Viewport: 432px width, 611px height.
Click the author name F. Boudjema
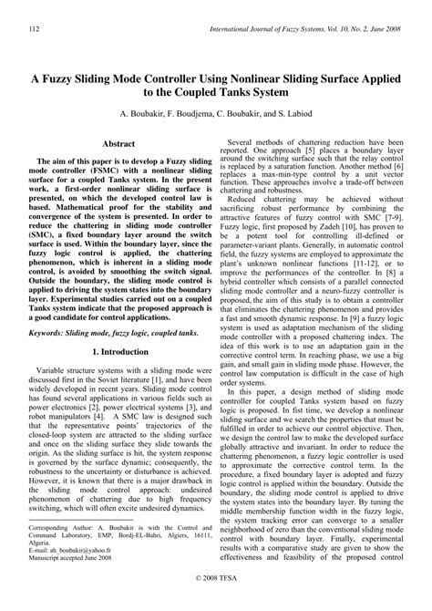(x=201, y=118)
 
